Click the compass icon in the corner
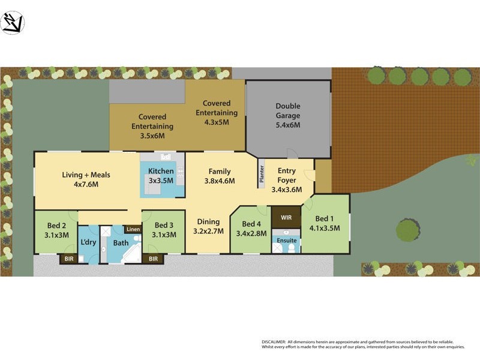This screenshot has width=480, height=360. click(13, 23)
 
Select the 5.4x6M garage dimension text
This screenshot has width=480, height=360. click(288, 125)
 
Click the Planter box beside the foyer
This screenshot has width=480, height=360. click(262, 173)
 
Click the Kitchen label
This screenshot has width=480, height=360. click(160, 171)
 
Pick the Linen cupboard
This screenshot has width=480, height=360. click(133, 229)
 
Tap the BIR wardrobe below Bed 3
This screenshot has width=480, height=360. click(153, 259)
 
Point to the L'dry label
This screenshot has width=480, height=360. click(89, 242)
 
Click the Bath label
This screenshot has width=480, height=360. click(121, 243)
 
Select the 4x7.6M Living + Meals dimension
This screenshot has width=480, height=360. click(86, 184)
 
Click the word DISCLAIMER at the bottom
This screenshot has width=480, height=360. click(274, 341)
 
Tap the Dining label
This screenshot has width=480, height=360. click(208, 222)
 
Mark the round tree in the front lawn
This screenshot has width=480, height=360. click(409, 230)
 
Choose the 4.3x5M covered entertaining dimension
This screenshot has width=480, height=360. click(216, 122)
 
